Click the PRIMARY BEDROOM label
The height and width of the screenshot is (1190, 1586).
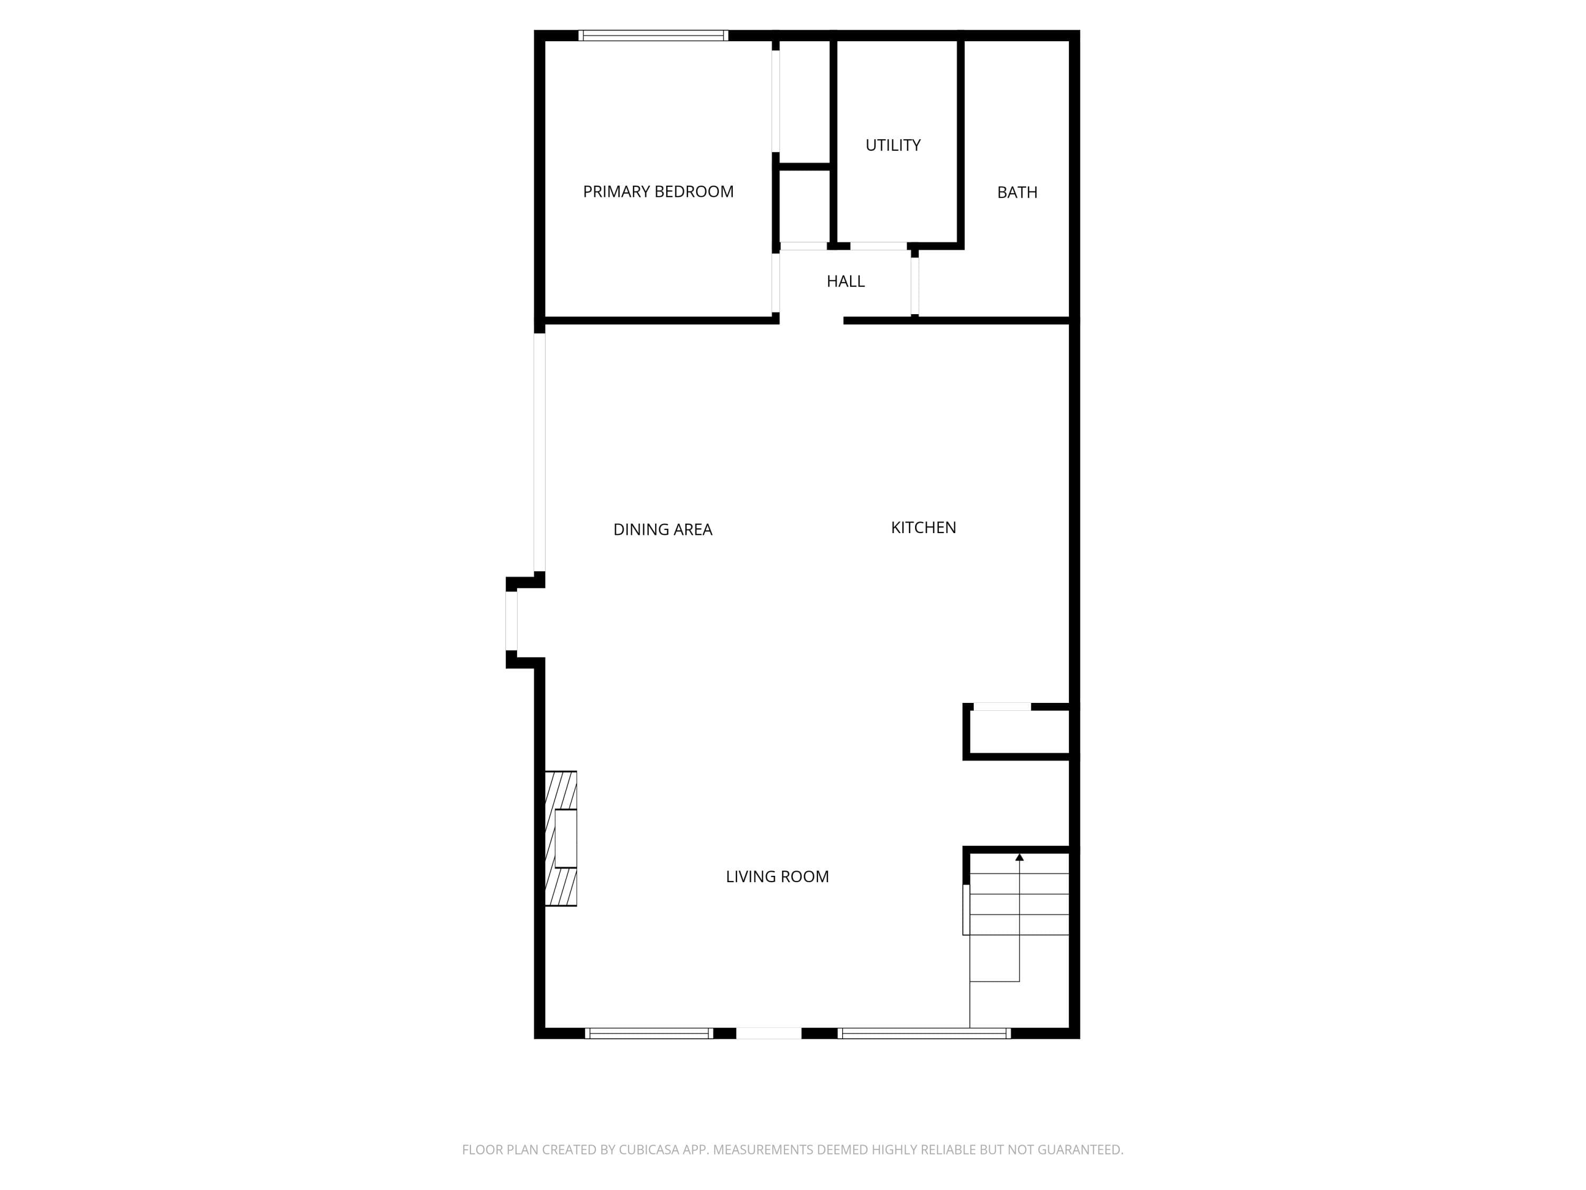coord(658,191)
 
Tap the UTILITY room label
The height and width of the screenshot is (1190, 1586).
coord(893,145)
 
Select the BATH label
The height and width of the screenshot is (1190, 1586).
coord(1017,192)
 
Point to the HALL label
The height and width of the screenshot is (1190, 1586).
coord(845,281)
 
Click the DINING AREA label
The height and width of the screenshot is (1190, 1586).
coord(662,529)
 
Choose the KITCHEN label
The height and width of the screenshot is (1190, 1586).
coord(923,527)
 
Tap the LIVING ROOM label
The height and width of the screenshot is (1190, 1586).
coord(777,876)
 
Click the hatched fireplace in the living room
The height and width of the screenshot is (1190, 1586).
coord(561,838)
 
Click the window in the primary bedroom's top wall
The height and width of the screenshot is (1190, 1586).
coord(653,35)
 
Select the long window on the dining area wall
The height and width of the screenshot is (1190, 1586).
coord(539,452)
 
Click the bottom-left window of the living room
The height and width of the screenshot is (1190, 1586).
coord(649,1033)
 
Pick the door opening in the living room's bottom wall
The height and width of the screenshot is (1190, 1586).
coord(769,1033)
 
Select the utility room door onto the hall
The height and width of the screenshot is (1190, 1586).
coord(878,246)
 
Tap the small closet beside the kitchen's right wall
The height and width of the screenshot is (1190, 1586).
coord(1019,731)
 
